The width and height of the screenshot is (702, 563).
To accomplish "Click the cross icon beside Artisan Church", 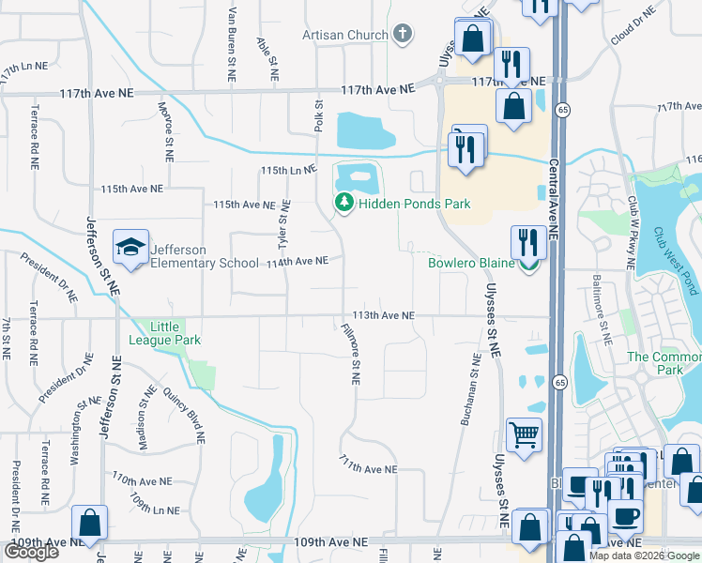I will pyautogui.click(x=403, y=36).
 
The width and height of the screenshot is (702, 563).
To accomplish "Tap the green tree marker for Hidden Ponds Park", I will pyautogui.click(x=344, y=203).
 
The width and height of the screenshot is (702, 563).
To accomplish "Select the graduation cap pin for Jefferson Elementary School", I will pyautogui.click(x=130, y=248).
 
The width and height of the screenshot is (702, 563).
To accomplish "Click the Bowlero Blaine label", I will pyautogui.click(x=472, y=263).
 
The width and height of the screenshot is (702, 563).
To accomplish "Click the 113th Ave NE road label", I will pyautogui.click(x=382, y=316).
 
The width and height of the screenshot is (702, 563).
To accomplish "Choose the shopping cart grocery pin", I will pyautogui.click(x=524, y=434).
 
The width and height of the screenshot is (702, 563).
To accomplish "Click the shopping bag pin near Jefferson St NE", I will pyautogui.click(x=89, y=523).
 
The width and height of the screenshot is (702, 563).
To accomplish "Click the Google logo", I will pyautogui.click(x=31, y=552).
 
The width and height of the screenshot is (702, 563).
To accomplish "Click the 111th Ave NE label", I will pyautogui.click(x=369, y=468).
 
